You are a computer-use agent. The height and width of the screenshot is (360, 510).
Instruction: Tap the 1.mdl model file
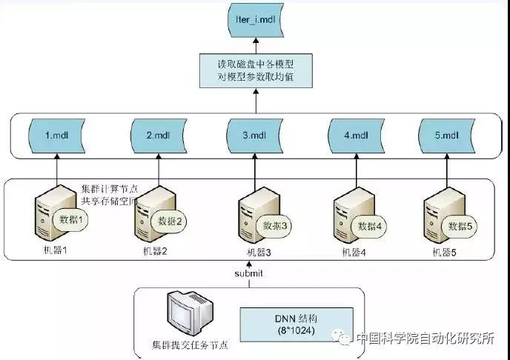coord(57,136)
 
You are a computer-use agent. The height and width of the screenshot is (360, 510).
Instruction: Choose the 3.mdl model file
coord(254,136)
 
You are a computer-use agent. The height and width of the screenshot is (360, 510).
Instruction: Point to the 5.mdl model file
coord(449,136)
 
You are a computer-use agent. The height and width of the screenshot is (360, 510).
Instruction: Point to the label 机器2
coord(155,251)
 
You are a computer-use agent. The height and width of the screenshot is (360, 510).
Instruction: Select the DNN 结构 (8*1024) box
coord(279,324)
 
